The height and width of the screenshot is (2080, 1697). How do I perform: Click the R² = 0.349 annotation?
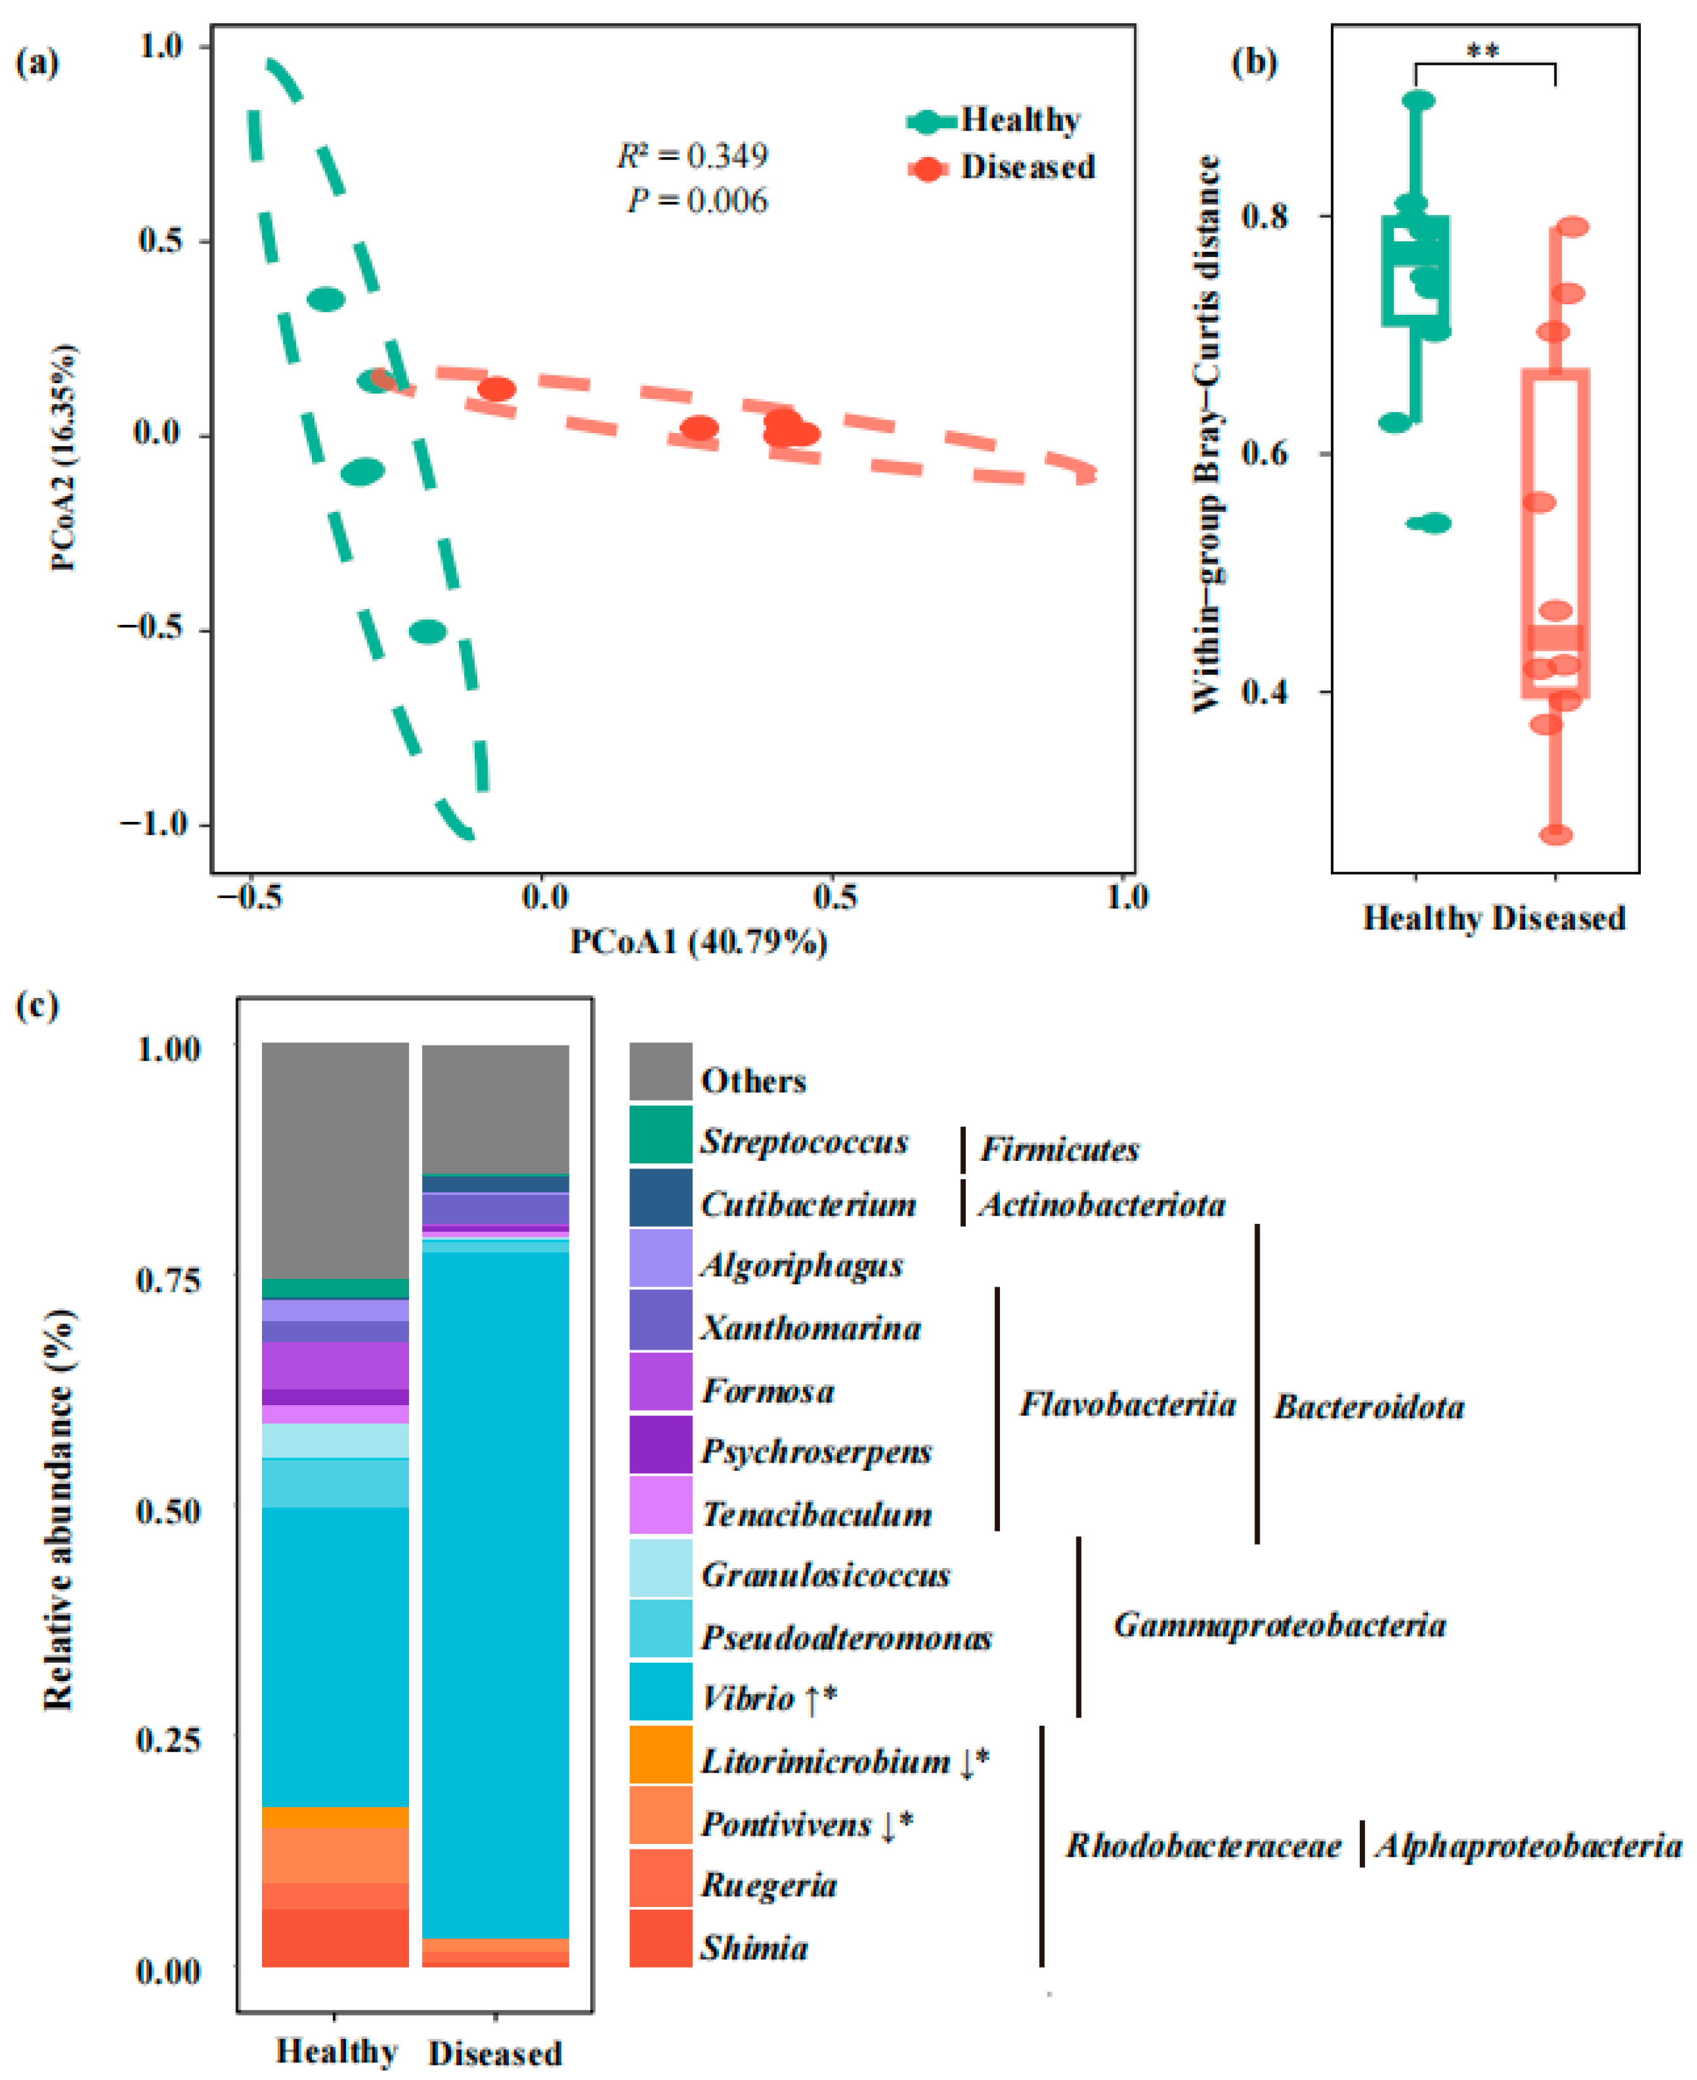(692, 155)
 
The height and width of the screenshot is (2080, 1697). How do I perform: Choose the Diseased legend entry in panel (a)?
(1027, 167)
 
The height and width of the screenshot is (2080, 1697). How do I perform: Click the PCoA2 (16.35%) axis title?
(64, 456)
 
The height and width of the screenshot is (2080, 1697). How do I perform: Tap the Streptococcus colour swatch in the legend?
(661, 1134)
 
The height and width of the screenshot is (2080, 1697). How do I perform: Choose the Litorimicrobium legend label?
(825, 1761)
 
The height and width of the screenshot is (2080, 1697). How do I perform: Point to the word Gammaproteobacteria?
(1278, 1625)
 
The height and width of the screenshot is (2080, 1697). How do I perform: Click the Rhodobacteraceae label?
(1203, 1845)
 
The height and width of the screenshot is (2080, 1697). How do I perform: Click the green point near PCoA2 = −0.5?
(427, 631)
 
